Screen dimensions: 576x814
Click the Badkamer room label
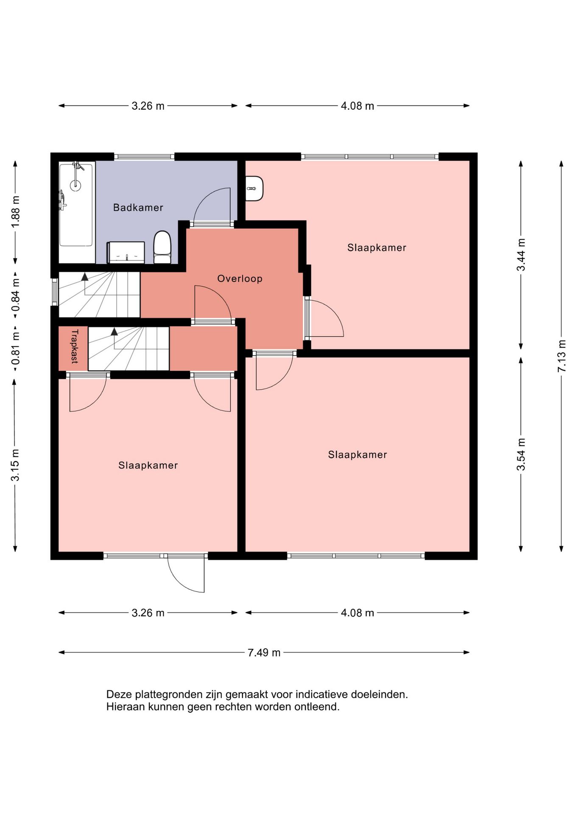[x=138, y=207]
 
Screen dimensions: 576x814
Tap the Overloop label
[x=240, y=279]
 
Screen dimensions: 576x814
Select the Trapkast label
[x=75, y=346]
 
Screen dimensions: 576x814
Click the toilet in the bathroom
[x=162, y=247]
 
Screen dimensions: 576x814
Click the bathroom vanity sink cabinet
[x=126, y=253]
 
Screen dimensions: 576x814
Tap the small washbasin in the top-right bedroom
[x=254, y=189]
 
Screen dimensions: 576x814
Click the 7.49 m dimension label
[x=264, y=652]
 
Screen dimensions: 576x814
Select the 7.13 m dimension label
[x=562, y=356]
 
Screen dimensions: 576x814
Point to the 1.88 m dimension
[x=16, y=212]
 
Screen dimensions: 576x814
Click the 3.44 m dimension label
[x=521, y=255]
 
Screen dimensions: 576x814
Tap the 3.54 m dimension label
[x=521, y=454]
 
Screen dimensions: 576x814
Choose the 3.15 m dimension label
[x=15, y=465]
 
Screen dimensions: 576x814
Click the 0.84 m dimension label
[x=16, y=294]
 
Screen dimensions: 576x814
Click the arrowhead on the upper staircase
[x=85, y=276]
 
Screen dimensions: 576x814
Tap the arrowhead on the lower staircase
[x=114, y=332]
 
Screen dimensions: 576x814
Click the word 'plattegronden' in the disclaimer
[x=168, y=695]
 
